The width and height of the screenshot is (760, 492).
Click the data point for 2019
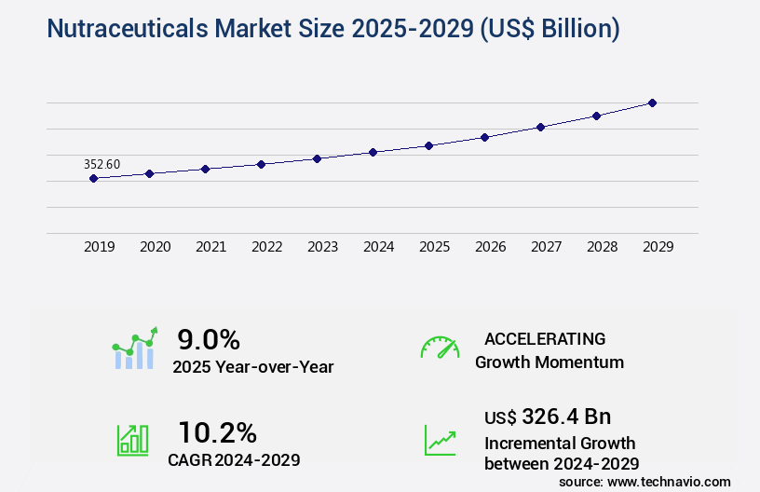[x=93, y=178]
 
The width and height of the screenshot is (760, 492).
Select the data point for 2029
[x=652, y=102]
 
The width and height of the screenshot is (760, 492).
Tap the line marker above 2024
[x=373, y=152]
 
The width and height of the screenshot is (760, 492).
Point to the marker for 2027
[x=540, y=127]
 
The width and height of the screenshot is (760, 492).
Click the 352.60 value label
[x=102, y=164]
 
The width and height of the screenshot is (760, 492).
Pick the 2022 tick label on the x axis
[x=266, y=247]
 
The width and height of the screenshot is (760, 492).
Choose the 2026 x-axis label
[x=490, y=247]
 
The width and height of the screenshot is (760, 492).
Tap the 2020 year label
[x=155, y=247]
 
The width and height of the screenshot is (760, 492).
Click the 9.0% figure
[x=209, y=339]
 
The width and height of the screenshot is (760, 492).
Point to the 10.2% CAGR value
[x=217, y=432]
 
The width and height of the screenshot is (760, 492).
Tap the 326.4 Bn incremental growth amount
[x=566, y=416]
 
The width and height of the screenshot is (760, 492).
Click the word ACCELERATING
[x=545, y=338]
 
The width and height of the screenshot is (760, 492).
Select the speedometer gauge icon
[x=440, y=348]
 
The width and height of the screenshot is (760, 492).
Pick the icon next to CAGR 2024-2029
[x=131, y=439]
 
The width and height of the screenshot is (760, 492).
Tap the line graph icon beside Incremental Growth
[x=440, y=439]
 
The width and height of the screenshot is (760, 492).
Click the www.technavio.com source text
[x=669, y=481]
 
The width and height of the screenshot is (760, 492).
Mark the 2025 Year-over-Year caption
[x=253, y=367]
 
